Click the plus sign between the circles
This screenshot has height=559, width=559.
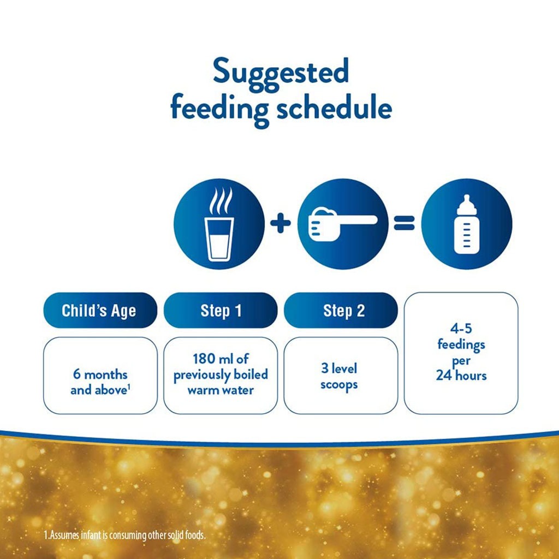pyautogui.click(x=281, y=224)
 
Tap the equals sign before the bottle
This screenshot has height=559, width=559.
pyautogui.click(x=405, y=224)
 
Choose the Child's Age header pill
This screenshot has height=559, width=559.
pyautogui.click(x=99, y=311)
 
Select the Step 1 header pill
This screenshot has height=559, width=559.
pyautogui.click(x=221, y=311)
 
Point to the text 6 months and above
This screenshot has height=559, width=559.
pyautogui.click(x=100, y=383)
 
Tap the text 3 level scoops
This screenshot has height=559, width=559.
pyautogui.click(x=339, y=376)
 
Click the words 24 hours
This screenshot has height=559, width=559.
pyautogui.click(x=461, y=376)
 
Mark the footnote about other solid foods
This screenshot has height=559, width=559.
pyautogui.click(x=125, y=535)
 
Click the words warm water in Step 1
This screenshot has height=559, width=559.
pyautogui.click(x=220, y=390)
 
